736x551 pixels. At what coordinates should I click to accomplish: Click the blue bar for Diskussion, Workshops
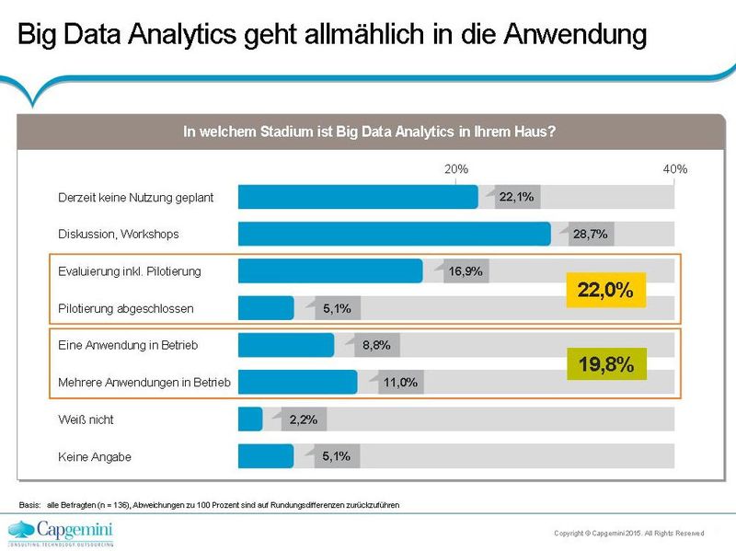click(x=394, y=234)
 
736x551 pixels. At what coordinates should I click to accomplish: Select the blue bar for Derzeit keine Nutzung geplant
click(x=358, y=197)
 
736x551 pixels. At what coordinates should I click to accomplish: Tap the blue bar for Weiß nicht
click(x=249, y=419)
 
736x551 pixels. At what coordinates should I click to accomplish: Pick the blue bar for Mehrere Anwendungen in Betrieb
click(x=297, y=382)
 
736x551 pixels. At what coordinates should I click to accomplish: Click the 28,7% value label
click(x=590, y=235)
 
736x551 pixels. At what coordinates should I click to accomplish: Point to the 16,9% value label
click(x=466, y=271)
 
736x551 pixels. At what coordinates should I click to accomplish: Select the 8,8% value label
click(x=377, y=346)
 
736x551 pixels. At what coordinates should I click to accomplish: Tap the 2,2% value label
click(x=304, y=419)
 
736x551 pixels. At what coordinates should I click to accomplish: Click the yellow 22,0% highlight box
click(x=604, y=291)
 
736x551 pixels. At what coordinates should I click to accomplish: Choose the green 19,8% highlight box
click(x=604, y=364)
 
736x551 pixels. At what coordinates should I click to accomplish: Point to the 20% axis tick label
click(x=456, y=169)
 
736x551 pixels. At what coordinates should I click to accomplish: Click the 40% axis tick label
click(x=674, y=169)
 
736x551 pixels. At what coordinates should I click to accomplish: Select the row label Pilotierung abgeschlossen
click(x=126, y=308)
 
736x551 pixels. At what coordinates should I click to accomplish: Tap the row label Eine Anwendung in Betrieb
click(x=128, y=345)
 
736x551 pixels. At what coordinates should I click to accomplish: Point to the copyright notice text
click(x=628, y=533)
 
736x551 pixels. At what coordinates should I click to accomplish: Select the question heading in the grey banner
click(x=368, y=132)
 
